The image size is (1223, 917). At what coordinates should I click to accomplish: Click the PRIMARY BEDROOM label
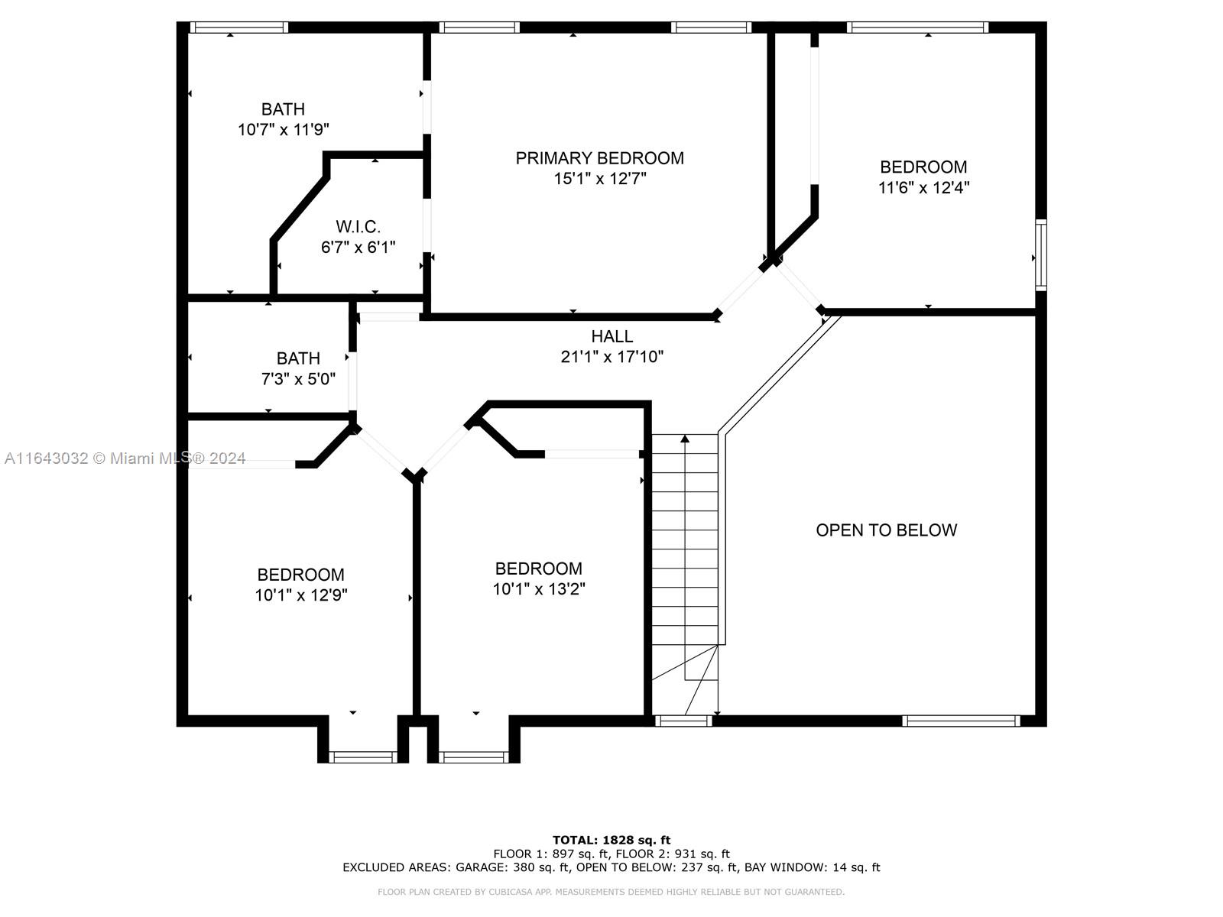(x=599, y=158)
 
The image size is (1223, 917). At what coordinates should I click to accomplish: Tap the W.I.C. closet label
(x=358, y=227)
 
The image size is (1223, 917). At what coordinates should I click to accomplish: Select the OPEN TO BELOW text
(x=887, y=530)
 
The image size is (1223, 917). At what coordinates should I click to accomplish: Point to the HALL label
(x=611, y=336)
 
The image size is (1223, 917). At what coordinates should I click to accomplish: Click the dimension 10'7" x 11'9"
(x=284, y=130)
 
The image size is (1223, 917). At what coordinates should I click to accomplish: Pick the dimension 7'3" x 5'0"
(x=298, y=379)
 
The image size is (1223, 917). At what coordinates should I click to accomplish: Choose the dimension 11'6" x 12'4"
(x=924, y=188)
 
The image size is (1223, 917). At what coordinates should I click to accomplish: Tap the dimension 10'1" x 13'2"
(x=539, y=589)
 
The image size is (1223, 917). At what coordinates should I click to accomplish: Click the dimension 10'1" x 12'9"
(x=301, y=595)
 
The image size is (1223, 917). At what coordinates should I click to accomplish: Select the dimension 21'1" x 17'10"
(x=611, y=357)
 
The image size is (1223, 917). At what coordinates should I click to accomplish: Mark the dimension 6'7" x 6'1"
(x=358, y=247)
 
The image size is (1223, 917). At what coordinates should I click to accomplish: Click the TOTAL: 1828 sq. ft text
(x=611, y=840)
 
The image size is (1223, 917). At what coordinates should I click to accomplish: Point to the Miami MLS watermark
(x=125, y=458)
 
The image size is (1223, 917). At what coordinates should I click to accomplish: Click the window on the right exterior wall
(x=1041, y=255)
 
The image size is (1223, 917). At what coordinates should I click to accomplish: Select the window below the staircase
(x=683, y=721)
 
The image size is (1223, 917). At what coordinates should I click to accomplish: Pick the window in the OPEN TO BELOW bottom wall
(x=961, y=721)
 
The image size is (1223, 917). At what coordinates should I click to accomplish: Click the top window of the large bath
(x=239, y=28)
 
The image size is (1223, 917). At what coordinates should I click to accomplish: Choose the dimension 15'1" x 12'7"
(x=599, y=179)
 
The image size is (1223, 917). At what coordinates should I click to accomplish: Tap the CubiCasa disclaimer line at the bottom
(x=611, y=892)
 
